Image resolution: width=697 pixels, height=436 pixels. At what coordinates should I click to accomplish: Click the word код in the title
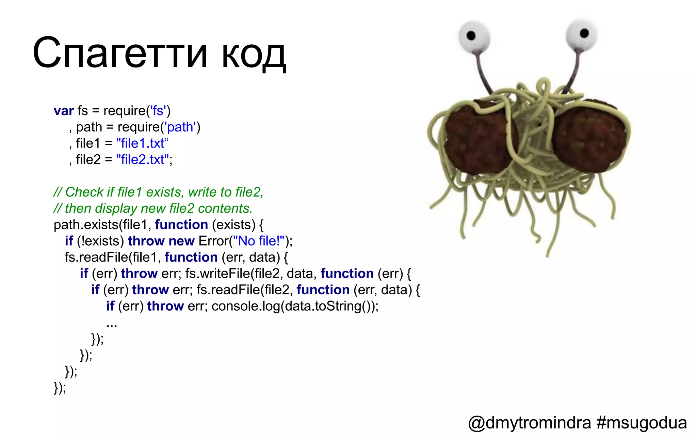coord(254,54)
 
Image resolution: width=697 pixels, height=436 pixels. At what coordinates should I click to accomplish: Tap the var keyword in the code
coord(64,111)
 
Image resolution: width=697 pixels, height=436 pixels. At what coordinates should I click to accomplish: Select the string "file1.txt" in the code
coord(142,143)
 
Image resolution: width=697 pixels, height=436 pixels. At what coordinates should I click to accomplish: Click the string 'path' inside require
coord(180,127)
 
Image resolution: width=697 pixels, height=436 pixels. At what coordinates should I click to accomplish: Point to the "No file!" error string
coord(259,241)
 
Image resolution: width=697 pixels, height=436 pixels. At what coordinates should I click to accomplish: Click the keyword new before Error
coord(181,241)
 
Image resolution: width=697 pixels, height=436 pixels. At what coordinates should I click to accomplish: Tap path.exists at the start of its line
coord(86,225)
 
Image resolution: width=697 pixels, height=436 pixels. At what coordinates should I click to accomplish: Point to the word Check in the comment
coord(84,192)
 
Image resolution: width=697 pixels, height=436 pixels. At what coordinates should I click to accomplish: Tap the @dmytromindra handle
coord(529,423)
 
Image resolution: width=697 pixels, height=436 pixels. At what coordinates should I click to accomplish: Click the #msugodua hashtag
coord(642,423)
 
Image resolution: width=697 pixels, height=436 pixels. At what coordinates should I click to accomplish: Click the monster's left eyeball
coord(474,37)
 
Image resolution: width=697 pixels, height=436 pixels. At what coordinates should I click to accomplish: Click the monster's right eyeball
coord(581,34)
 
